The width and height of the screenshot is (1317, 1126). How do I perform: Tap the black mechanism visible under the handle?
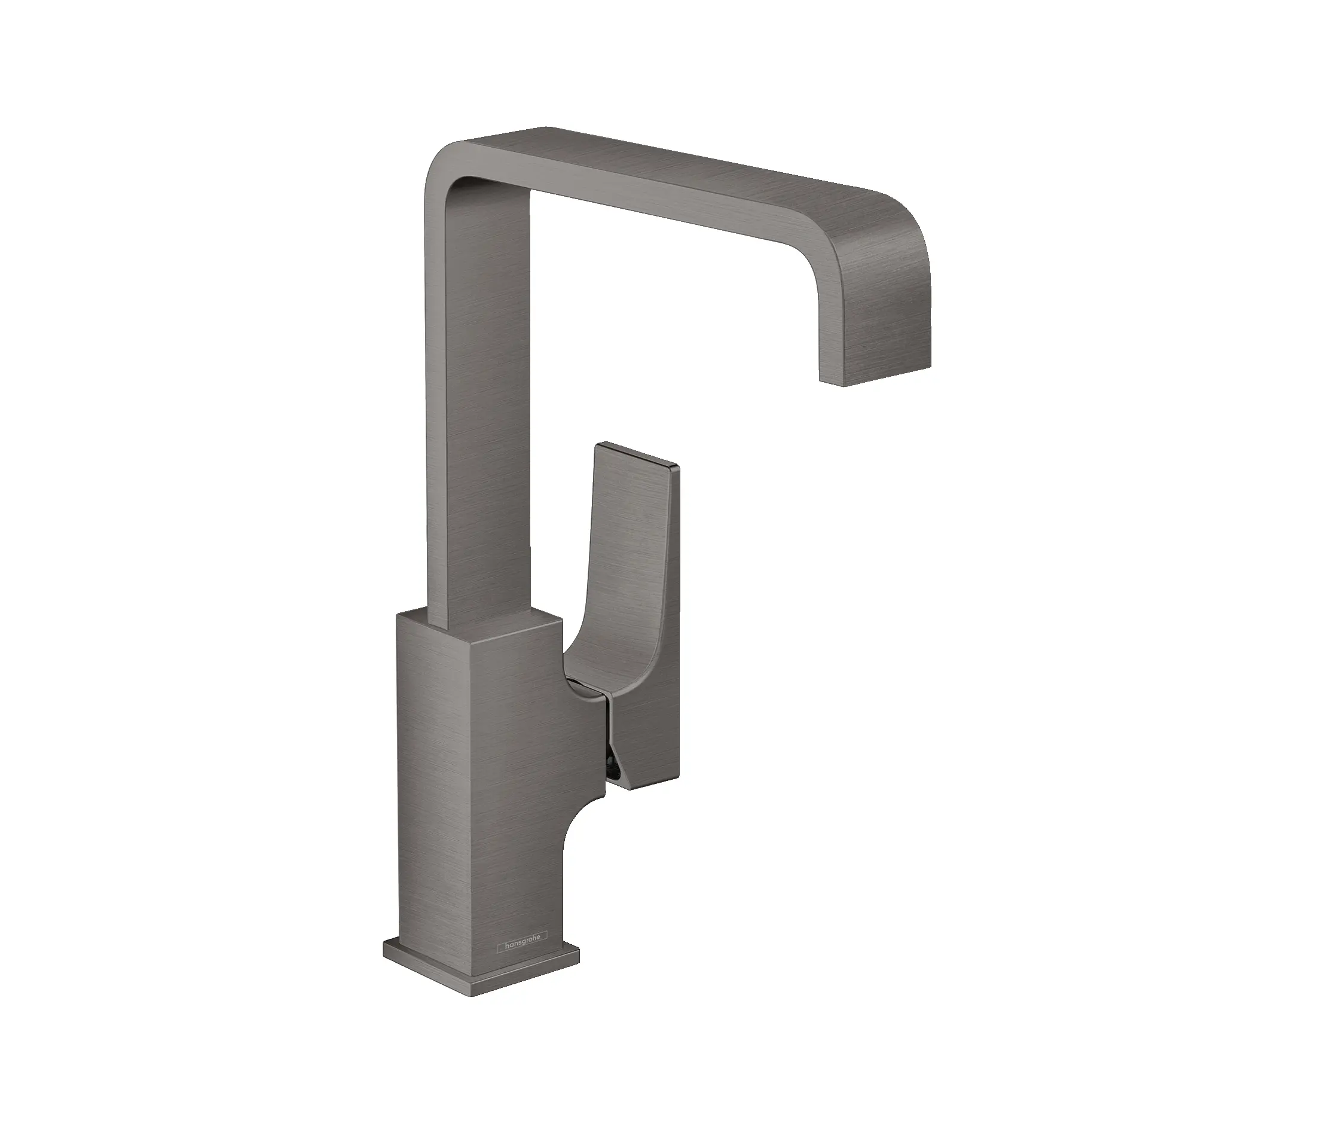pyautogui.click(x=612, y=766)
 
